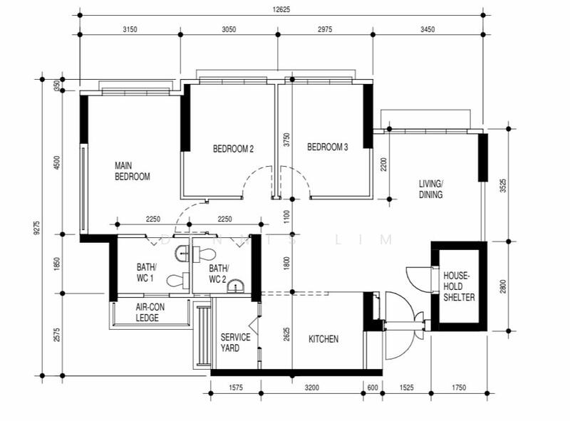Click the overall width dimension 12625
coord(281,10)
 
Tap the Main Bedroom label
coord(133,171)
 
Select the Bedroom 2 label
coord(233,149)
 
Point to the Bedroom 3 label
coord(328,147)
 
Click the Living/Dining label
coord(431,189)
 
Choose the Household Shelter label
coord(459,286)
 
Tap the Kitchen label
coord(323,339)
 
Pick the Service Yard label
coord(235,343)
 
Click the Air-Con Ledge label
coord(150,312)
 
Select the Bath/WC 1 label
coord(146,273)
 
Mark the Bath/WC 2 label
coord(219,274)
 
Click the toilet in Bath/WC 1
coord(177,280)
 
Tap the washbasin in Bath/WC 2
coord(237,286)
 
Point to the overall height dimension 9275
coord(36,229)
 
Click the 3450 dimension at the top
coord(427,29)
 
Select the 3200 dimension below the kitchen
coord(312,388)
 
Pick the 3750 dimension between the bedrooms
coord(287,140)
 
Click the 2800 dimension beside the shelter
coord(503,286)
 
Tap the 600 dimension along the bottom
coord(373,388)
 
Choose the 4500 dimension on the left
coord(57,162)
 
